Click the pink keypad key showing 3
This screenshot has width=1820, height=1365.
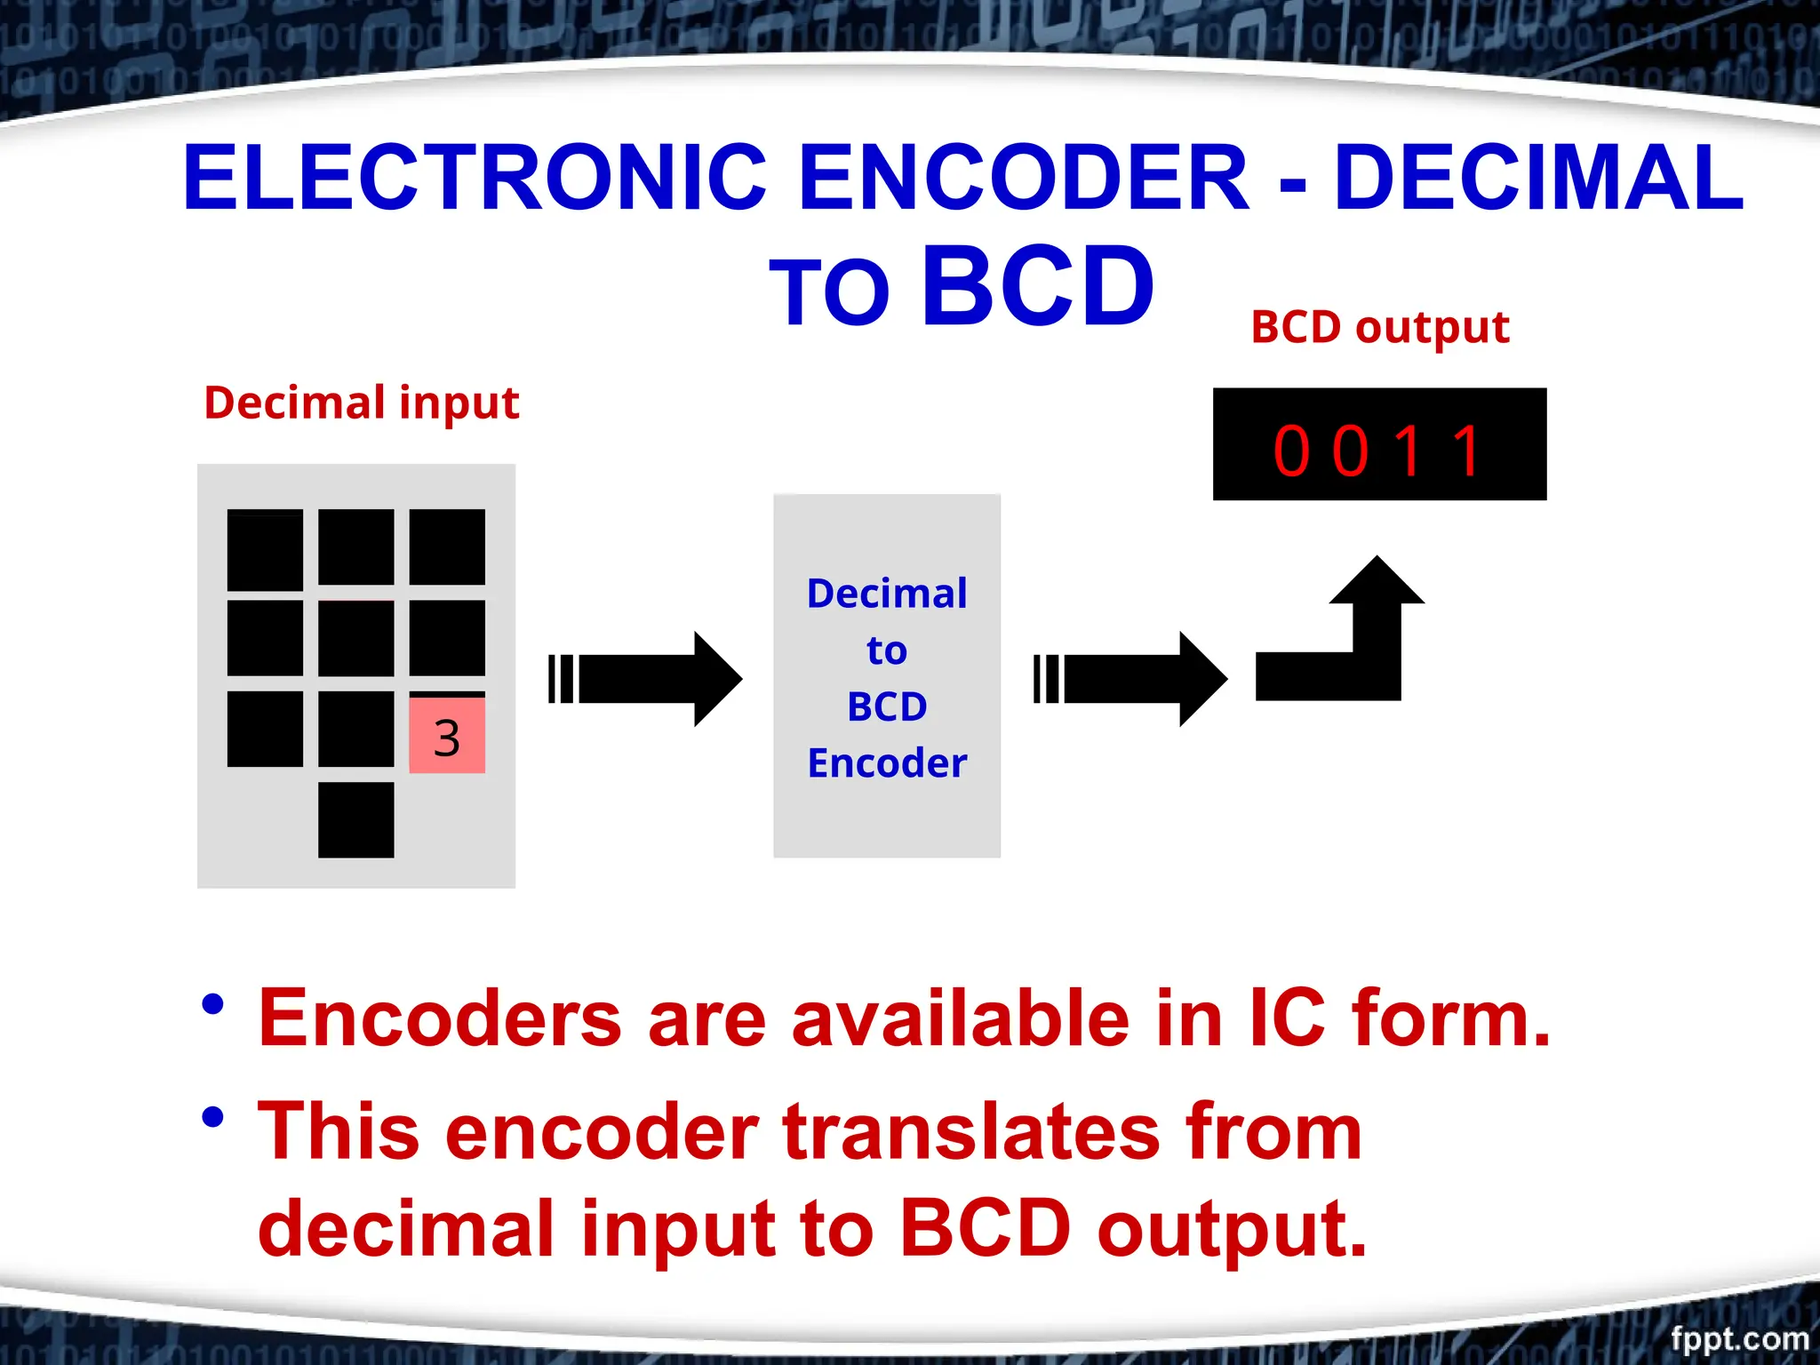[x=447, y=735]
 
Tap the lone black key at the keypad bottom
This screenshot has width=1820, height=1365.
[x=355, y=819]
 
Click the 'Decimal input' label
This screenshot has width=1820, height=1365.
[x=361, y=403]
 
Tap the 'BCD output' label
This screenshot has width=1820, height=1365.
[x=1379, y=327]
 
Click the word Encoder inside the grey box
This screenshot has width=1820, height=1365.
[x=887, y=763]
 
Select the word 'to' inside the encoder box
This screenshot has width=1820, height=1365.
[x=887, y=651]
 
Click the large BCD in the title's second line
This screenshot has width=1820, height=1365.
[x=1037, y=287]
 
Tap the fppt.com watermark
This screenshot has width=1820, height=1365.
[x=1739, y=1338]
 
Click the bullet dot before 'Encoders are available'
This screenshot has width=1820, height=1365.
[x=213, y=1005]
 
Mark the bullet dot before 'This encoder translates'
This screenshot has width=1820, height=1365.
[x=213, y=1117]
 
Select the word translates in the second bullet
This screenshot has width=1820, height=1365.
[x=970, y=1131]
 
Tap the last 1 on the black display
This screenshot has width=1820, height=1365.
[x=1467, y=451]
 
